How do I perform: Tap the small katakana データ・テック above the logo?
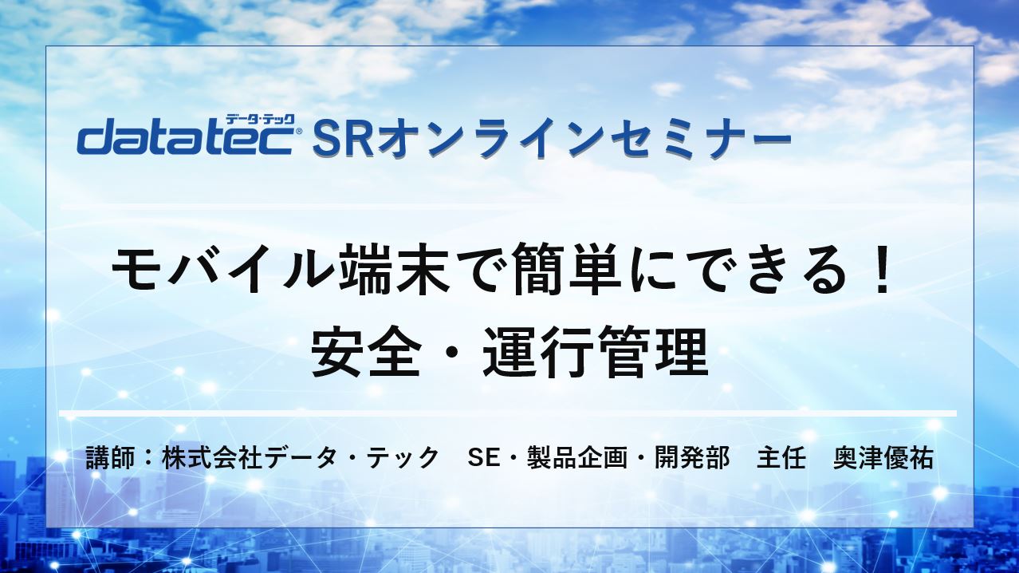click(260, 120)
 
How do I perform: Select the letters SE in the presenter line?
click(484, 459)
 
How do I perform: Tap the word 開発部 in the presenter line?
click(692, 459)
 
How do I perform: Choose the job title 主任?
click(781, 459)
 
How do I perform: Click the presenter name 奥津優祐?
click(883, 459)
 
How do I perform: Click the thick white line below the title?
click(508, 413)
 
